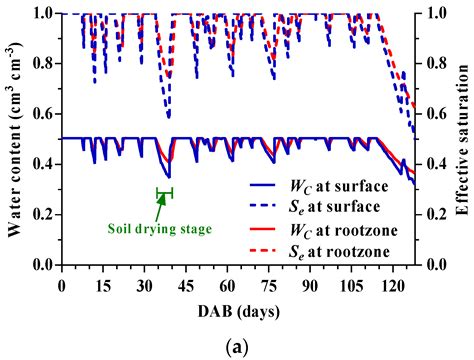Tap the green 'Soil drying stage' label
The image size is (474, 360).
(161, 228)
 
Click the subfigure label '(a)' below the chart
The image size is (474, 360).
(237, 345)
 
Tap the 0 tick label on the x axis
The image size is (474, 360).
(62, 284)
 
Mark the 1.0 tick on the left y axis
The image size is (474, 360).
(41, 14)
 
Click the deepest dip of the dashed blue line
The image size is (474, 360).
(168, 117)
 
